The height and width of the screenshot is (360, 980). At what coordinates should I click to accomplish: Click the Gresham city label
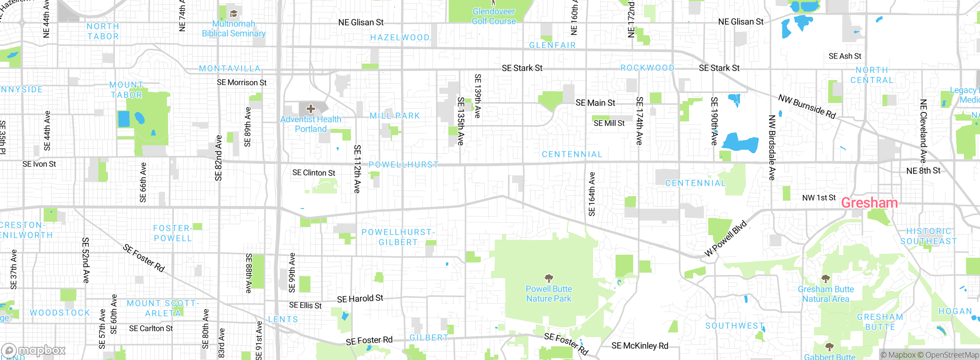[x=869, y=203]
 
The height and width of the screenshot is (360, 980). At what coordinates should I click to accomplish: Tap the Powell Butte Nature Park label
[x=549, y=294]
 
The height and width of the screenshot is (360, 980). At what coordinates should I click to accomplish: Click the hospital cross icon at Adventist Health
[x=311, y=109]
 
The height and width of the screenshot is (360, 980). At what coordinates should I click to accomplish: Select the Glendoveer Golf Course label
[x=493, y=16]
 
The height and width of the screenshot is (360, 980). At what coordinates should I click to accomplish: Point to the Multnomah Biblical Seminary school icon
[x=234, y=14]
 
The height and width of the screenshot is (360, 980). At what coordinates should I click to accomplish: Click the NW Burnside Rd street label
[x=807, y=106]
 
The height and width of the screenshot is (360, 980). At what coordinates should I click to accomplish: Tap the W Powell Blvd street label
[x=725, y=238]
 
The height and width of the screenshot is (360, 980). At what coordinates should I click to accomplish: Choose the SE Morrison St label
[x=242, y=82]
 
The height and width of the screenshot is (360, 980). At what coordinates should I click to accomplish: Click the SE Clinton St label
[x=314, y=173]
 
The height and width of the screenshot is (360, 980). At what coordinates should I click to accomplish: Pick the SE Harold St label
[x=360, y=298]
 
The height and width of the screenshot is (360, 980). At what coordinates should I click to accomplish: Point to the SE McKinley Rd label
[x=640, y=346]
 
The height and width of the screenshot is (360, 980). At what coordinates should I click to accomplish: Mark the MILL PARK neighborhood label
[x=395, y=116]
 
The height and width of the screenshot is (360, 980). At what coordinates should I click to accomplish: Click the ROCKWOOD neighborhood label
[x=647, y=68]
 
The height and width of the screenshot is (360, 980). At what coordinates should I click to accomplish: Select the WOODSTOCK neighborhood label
[x=60, y=313]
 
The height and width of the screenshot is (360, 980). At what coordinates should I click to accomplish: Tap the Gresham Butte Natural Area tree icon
[x=826, y=278]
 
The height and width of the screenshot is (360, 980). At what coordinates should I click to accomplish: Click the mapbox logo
[x=34, y=350]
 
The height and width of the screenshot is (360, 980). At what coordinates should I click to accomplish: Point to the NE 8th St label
[x=923, y=170]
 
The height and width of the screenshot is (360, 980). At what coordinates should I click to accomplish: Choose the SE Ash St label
[x=845, y=56]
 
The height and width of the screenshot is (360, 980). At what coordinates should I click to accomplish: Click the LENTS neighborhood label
[x=283, y=319]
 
